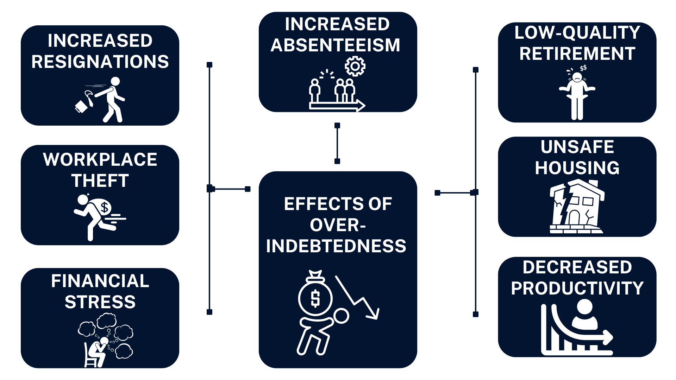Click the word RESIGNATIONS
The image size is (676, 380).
100,62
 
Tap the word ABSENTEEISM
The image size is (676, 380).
335,45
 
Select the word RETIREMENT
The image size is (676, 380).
577,53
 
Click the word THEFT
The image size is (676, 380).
100,180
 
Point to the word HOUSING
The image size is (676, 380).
577,168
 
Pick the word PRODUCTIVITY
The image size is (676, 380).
577,288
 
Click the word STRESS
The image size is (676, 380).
100,302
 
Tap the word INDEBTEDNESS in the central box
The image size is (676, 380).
336,246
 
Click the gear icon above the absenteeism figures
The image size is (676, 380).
355,66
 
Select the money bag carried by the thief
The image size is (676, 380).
102,207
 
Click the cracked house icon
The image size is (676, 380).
577,207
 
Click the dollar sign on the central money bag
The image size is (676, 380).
315,298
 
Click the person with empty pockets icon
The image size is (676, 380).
577,95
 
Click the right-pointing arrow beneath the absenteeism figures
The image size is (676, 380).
337,105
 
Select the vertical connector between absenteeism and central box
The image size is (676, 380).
337,143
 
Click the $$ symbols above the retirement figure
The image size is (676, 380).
583,68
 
